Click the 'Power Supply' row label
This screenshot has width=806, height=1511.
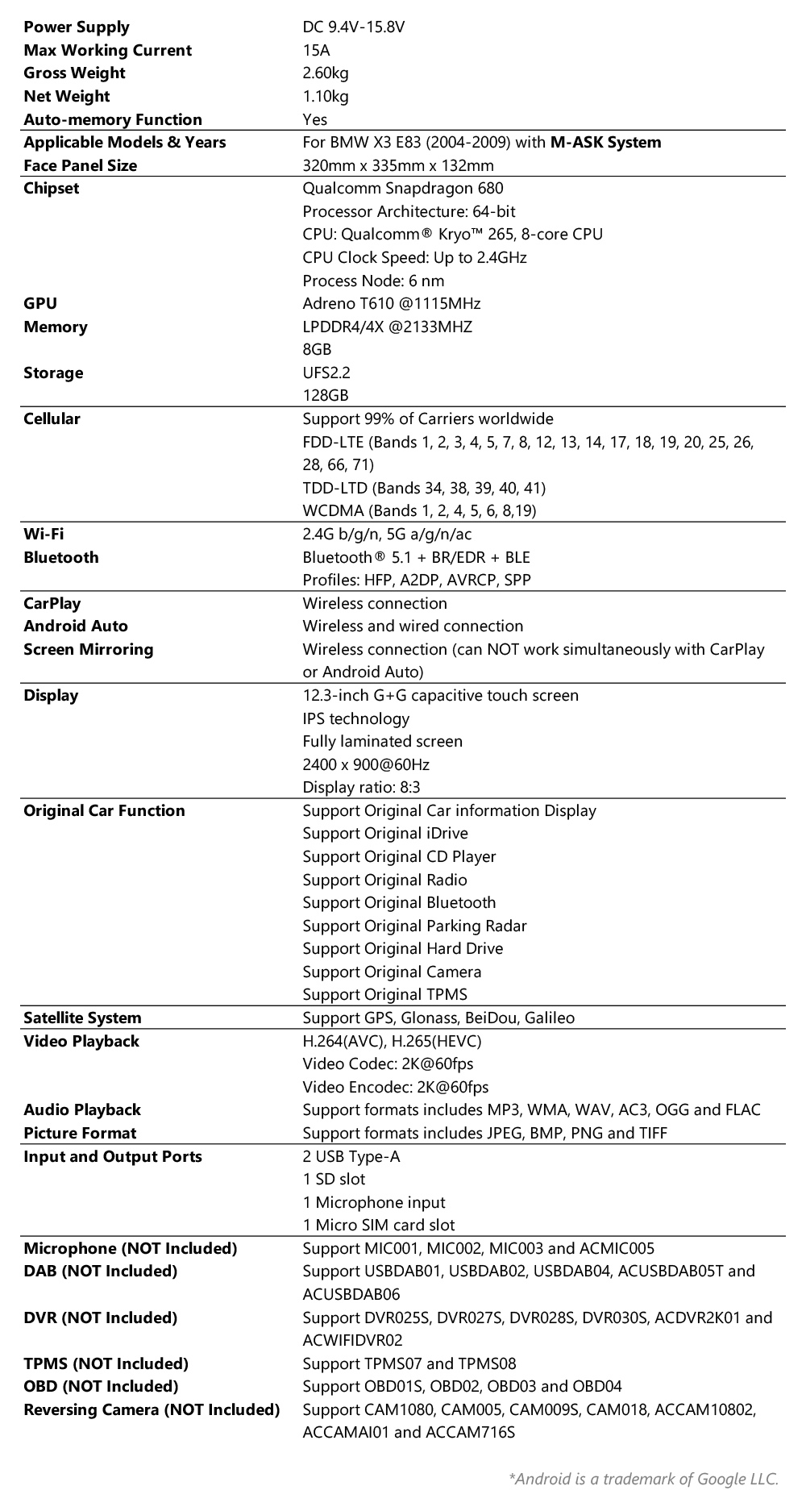[x=77, y=27]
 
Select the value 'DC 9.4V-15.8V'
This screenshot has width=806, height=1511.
[x=353, y=27]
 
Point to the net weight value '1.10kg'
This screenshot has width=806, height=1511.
[x=325, y=96]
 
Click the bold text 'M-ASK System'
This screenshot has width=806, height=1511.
[x=605, y=143]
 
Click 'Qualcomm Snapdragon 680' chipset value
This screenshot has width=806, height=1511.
[x=402, y=189]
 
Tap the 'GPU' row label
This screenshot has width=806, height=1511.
[x=40, y=303]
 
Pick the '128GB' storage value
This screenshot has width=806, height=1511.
[x=326, y=396]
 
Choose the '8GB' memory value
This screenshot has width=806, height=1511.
[x=317, y=349]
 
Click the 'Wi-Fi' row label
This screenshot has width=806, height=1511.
[x=44, y=534]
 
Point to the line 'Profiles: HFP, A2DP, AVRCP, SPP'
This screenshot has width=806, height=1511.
[x=416, y=580]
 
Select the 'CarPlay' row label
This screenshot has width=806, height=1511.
[x=52, y=603]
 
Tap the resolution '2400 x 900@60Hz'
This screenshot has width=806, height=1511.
[x=366, y=764]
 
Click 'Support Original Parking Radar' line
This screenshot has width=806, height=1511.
[x=414, y=926]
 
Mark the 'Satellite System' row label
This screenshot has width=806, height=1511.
[x=82, y=1018]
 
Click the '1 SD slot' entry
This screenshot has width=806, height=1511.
[x=334, y=1179]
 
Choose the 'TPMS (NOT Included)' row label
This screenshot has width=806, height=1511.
[x=106, y=1363]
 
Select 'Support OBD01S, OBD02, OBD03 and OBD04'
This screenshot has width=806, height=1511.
[x=462, y=1386]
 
